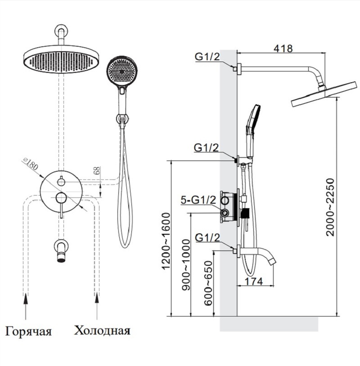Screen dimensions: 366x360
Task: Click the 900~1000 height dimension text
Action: coord(187,269)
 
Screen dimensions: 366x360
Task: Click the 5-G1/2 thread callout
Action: coord(198,201)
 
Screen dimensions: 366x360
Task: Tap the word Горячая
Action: coord(29,332)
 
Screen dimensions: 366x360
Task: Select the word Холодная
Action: coord(102,331)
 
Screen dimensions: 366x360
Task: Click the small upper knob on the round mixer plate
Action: coord(62,181)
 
